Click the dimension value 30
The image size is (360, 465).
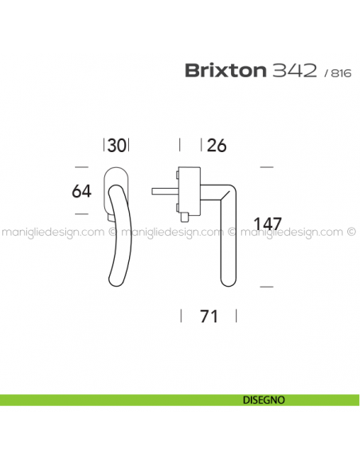116,146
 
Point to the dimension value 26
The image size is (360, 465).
216,146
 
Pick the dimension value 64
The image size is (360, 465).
81,191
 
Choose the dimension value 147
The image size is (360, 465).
270,223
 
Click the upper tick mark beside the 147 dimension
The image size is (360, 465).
267,167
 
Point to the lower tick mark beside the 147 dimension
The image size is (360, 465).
267,285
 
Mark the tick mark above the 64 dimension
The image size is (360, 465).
80,167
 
